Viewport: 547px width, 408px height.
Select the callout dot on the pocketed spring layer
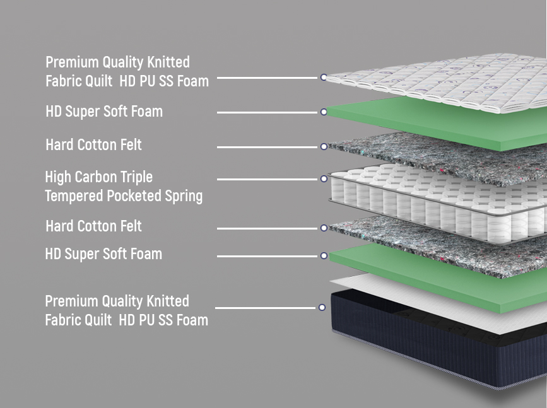pos(324,179)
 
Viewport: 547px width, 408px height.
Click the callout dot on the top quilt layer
pos(324,78)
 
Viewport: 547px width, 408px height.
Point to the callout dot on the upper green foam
pos(324,112)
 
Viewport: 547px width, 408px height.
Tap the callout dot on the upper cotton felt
pos(324,147)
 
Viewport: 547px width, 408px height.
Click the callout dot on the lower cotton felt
pos(324,228)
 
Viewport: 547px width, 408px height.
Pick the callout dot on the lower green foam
pos(324,256)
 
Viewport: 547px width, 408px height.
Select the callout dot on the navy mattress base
pos(322,308)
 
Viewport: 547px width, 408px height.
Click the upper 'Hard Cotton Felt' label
pos(93,145)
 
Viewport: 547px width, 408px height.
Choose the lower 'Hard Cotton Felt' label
pos(93,226)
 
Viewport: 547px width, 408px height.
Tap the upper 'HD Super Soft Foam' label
pos(104,112)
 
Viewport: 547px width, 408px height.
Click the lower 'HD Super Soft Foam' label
pos(103,254)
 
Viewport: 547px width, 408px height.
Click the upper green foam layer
pos(435,123)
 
